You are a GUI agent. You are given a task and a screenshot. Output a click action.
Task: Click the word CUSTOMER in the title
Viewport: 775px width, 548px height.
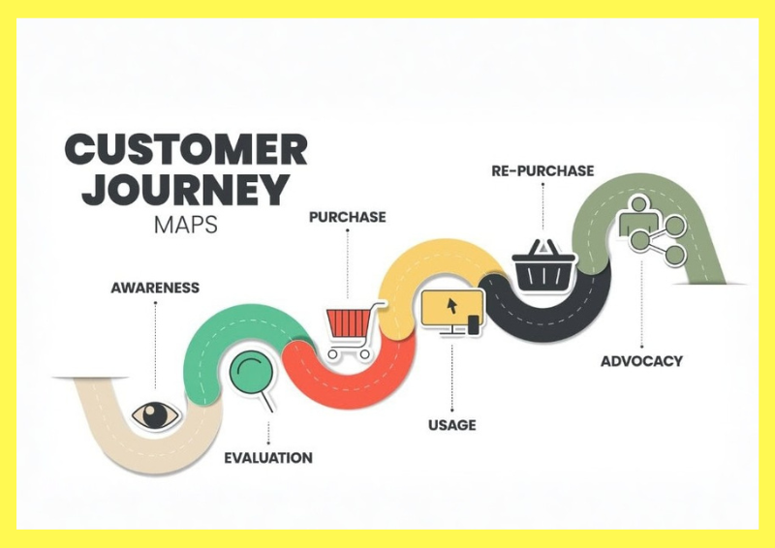(x=186, y=149)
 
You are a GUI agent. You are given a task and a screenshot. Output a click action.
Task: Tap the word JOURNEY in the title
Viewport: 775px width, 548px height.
(x=186, y=189)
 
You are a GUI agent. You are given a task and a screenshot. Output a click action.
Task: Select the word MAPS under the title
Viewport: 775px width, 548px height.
(x=186, y=225)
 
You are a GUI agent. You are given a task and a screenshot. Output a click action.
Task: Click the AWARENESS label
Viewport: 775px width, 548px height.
(x=155, y=288)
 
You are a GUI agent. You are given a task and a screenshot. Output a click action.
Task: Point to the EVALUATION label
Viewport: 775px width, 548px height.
(x=268, y=458)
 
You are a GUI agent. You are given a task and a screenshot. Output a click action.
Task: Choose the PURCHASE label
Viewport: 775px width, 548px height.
(x=348, y=217)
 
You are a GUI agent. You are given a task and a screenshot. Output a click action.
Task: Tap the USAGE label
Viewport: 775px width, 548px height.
(x=452, y=425)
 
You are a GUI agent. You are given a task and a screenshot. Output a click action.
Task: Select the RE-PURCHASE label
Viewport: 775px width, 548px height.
(x=542, y=171)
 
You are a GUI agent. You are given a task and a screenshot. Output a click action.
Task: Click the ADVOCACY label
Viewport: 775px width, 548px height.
(x=641, y=361)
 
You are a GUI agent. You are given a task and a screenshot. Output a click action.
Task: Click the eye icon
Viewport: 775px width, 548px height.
(x=156, y=415)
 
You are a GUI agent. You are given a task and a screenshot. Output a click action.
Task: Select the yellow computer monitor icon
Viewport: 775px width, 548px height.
(x=452, y=313)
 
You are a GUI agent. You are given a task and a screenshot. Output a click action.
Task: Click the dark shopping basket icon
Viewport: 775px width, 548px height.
(x=543, y=267)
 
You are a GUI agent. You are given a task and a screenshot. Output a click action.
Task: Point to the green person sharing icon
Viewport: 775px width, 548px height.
(x=652, y=229)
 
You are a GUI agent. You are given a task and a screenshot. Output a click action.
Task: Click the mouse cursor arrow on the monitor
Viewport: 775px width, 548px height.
(x=451, y=305)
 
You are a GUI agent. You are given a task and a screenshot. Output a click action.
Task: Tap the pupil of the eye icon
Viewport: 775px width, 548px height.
(x=156, y=415)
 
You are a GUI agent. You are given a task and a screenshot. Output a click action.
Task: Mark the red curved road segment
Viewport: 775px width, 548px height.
(x=349, y=377)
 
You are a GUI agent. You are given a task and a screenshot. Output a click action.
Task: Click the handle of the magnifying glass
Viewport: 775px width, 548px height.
(x=267, y=401)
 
